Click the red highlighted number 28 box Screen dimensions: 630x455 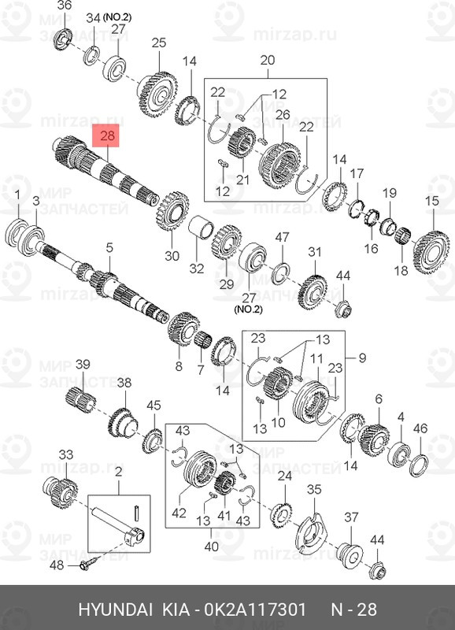tap(108, 136)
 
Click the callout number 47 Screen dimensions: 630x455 tap(281, 237)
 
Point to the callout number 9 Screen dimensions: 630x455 tap(363, 359)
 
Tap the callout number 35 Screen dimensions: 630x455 tap(314, 490)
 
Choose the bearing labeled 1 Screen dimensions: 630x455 tap(18, 233)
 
